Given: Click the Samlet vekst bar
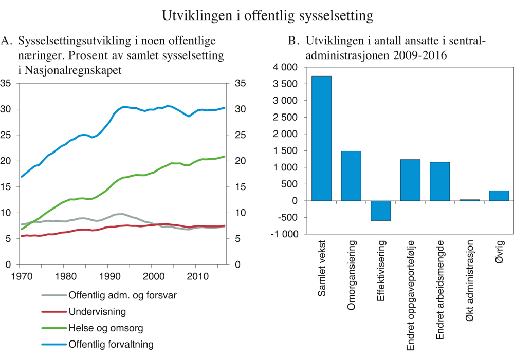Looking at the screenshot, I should (321, 138).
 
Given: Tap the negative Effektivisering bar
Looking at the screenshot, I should (380, 211).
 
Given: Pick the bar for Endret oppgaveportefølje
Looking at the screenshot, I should (410, 180).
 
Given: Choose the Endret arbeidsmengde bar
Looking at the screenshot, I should (439, 181).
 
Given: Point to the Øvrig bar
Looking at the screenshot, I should (499, 196).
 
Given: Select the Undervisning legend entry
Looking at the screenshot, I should (97, 312).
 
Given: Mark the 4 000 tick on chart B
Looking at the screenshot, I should (286, 68).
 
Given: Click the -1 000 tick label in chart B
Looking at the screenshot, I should (284, 234).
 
